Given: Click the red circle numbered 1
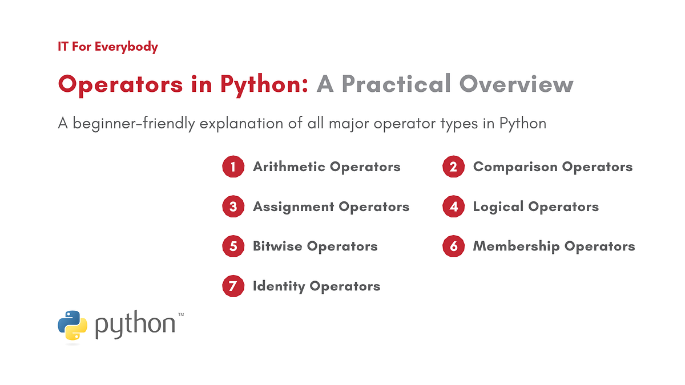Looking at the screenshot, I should pyautogui.click(x=233, y=167).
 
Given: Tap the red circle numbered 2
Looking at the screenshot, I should pyautogui.click(x=453, y=167).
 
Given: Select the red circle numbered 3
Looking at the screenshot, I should pyautogui.click(x=233, y=206).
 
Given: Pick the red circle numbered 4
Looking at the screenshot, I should pyautogui.click(x=453, y=206).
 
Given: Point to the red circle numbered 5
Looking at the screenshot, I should pyautogui.click(x=233, y=246).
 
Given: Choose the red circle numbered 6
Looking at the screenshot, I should pyautogui.click(x=453, y=246).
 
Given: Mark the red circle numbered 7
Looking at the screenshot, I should pyautogui.click(x=233, y=286).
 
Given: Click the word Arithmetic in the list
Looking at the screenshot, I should pyautogui.click(x=289, y=167).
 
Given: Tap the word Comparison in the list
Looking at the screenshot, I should pyautogui.click(x=515, y=167).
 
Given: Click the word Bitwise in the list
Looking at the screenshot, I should pyautogui.click(x=278, y=246).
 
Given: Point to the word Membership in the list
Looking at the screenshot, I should pyautogui.click(x=517, y=246).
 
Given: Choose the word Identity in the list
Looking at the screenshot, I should pyautogui.click(x=279, y=286).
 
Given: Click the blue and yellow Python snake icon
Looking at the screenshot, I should pyautogui.click(x=72, y=326).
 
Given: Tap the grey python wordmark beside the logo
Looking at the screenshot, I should pyautogui.click(x=135, y=326).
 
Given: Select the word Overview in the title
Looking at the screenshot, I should pyautogui.click(x=516, y=84).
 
